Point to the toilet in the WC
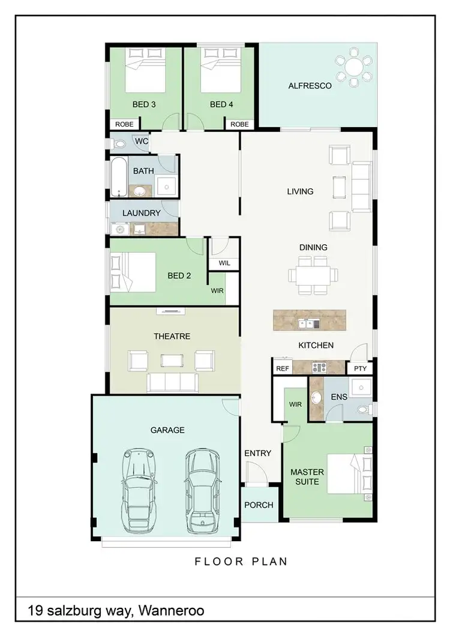click(118, 144)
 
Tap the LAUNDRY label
click(141, 213)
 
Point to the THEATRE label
click(172, 337)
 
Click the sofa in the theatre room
click(173, 382)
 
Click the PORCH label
click(259, 505)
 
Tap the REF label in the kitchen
click(281, 368)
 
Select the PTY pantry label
click(360, 368)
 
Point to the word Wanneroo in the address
click(171, 611)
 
